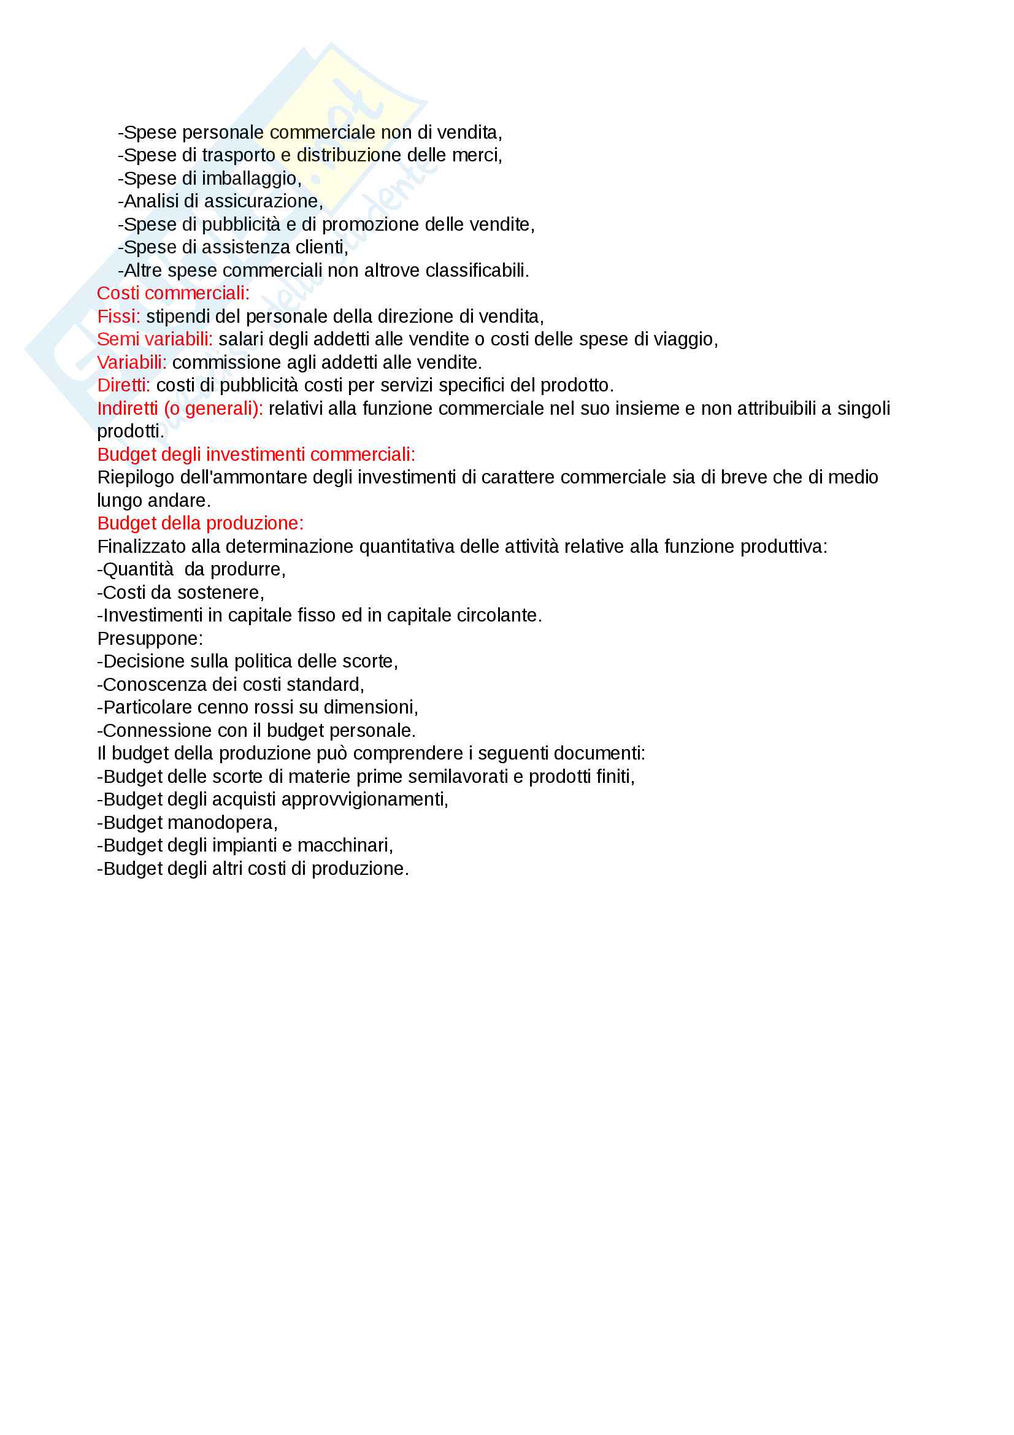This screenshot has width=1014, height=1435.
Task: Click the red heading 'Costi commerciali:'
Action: click(173, 293)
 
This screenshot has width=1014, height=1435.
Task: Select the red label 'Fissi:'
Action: click(119, 316)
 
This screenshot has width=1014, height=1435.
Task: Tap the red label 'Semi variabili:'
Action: click(155, 339)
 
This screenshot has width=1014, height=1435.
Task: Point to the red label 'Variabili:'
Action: click(132, 363)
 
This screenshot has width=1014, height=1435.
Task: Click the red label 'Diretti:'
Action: click(124, 385)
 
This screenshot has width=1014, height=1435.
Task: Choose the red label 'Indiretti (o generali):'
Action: click(180, 408)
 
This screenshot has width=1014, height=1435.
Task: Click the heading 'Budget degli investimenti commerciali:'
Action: click(256, 455)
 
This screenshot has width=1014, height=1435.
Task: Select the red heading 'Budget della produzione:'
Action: click(200, 523)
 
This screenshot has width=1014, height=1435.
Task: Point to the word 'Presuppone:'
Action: click(150, 638)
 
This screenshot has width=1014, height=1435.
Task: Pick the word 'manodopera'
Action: click(221, 823)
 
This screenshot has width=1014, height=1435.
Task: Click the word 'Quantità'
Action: click(138, 569)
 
